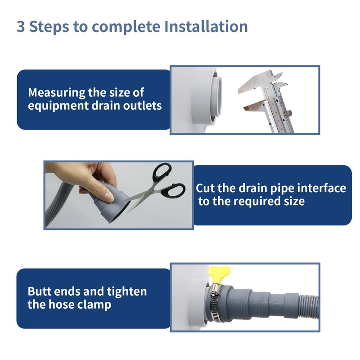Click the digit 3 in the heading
pyautogui.click(x=21, y=27)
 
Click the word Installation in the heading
pyautogui.click(x=206, y=27)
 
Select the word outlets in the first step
pyautogui.click(x=142, y=106)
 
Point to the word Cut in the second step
pyautogui.click(x=205, y=188)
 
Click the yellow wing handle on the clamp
pyautogui.click(x=218, y=274)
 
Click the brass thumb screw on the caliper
pyautogui.click(x=288, y=114)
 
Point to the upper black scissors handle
pyautogui.click(x=162, y=172)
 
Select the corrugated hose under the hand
pyautogui.click(x=58, y=202)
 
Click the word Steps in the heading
pyautogui.click(x=49, y=27)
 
